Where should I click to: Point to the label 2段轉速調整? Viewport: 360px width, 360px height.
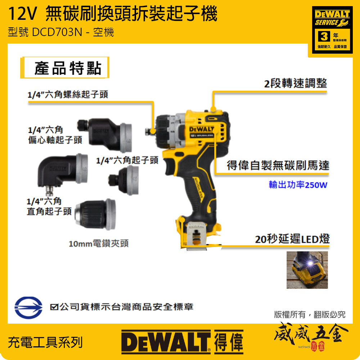[296, 84]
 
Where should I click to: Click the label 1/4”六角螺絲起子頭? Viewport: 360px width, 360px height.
[68, 95]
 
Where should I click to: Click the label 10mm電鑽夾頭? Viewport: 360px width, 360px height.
[98, 244]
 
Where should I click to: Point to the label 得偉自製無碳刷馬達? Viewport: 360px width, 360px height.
[278, 166]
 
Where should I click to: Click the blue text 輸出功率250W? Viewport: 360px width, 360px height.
[298, 185]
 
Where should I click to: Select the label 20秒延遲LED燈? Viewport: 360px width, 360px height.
[292, 239]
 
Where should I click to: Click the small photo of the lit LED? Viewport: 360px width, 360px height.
[307, 270]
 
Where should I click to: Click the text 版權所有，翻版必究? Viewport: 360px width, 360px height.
[310, 315]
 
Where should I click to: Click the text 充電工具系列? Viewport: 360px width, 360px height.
[45, 342]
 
